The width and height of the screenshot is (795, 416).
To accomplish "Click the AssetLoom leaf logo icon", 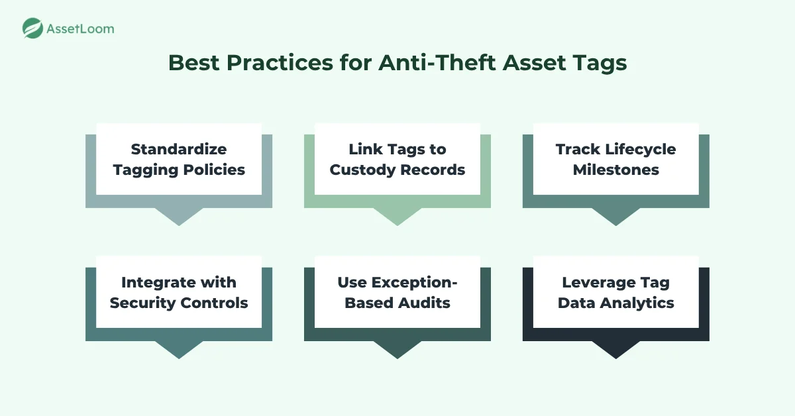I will pyautogui.click(x=32, y=28).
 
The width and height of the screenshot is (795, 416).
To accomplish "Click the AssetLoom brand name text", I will pyautogui.click(x=79, y=28).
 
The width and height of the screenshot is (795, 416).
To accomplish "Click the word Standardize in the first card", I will pyautogui.click(x=179, y=149).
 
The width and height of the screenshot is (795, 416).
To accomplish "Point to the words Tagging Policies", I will pyautogui.click(x=179, y=170).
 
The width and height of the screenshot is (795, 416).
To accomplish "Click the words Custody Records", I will pyautogui.click(x=397, y=170).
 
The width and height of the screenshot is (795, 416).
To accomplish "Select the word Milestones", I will pyautogui.click(x=616, y=170).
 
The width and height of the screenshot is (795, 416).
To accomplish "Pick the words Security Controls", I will pyautogui.click(x=179, y=303).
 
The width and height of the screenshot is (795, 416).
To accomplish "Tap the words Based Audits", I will pyautogui.click(x=397, y=303).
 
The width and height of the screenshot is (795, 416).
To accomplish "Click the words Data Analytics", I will pyautogui.click(x=616, y=303).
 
